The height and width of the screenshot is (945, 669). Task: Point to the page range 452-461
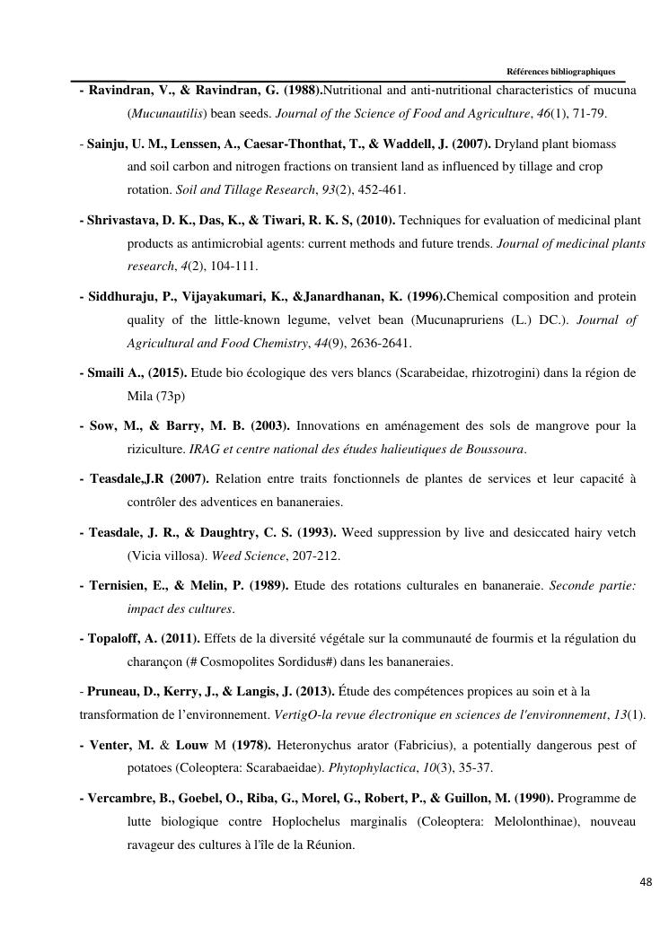[382, 190]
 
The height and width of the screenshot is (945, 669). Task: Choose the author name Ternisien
[123, 585]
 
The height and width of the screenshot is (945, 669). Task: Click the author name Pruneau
[113, 691]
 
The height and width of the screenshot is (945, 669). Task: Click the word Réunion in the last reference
[332, 844]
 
